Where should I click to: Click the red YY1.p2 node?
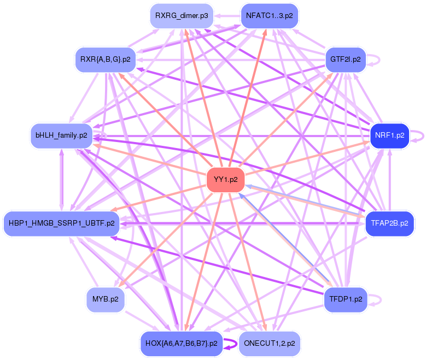[225, 180]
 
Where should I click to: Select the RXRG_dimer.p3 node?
[182, 16]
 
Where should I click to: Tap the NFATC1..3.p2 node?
[269, 16]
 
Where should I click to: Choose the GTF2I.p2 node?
[345, 60]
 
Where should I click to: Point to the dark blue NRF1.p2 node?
[389, 135]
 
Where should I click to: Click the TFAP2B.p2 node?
[389, 223]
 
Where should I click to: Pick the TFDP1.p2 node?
[346, 299]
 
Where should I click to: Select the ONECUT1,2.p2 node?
[269, 344]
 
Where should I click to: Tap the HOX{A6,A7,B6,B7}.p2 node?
[182, 344]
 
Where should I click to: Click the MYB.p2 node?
[106, 299]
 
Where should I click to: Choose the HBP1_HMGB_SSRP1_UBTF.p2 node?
[61, 223]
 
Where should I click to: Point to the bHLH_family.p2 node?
[61, 135]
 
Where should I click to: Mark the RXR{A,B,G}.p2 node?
[106, 60]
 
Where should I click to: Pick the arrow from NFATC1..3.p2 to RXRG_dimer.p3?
[227, 16]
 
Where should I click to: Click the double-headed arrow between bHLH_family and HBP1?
[61, 180]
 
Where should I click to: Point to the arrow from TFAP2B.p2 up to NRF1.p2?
[389, 180]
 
